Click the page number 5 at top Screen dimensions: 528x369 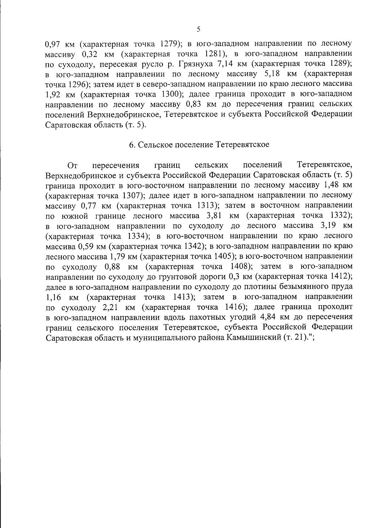198,30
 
